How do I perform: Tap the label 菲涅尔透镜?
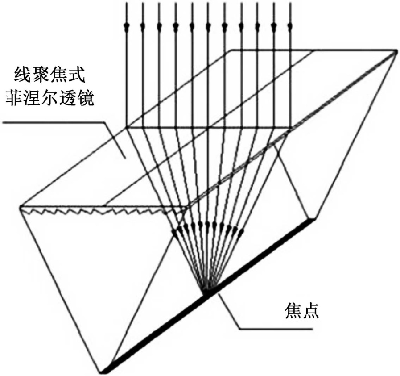pyautogui.click(x=49, y=98)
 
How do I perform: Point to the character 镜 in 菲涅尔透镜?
pyautogui.click(x=85, y=98)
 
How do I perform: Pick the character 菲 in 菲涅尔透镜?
pyautogui.click(x=13, y=98)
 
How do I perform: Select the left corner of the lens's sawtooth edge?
pyautogui.click(x=21, y=207)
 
